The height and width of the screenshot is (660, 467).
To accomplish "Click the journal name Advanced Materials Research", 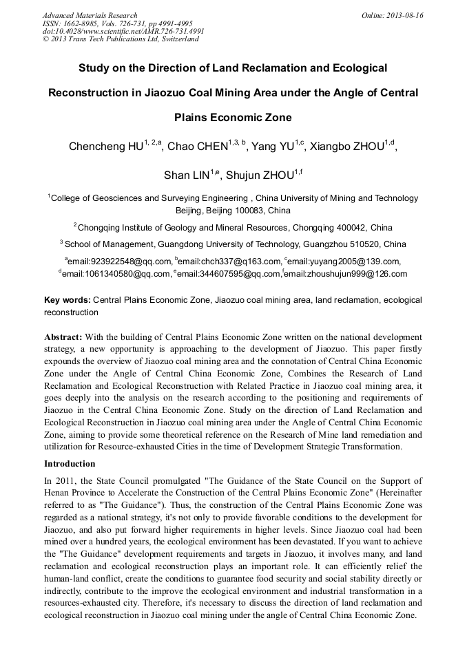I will [90, 15].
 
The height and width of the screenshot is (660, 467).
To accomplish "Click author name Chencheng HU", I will [105, 147].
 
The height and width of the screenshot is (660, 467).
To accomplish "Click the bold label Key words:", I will [67, 300].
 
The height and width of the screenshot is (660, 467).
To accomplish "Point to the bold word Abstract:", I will [63, 337].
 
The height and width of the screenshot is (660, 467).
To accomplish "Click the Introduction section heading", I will [70, 464].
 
